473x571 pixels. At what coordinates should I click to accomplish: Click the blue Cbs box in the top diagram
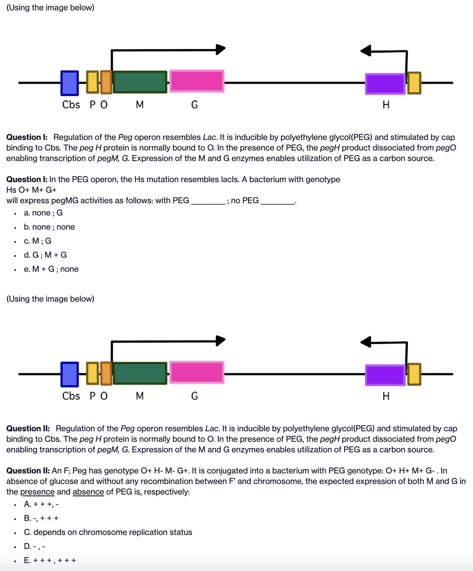click(x=70, y=83)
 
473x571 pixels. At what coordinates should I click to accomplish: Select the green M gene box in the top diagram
click(x=140, y=82)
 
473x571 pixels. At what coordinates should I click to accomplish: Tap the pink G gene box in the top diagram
click(x=197, y=81)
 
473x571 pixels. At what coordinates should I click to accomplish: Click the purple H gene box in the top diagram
click(x=385, y=84)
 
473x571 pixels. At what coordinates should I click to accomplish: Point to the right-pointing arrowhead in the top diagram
click(x=220, y=49)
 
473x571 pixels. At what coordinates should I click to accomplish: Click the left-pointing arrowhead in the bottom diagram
click(x=366, y=341)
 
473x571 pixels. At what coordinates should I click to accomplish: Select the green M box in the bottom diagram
click(x=140, y=373)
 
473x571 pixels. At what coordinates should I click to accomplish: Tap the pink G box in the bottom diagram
click(x=197, y=372)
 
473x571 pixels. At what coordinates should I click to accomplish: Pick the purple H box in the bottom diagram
click(x=385, y=375)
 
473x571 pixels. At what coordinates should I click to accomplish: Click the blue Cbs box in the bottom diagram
click(x=70, y=374)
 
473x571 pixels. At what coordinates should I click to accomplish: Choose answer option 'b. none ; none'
click(x=49, y=227)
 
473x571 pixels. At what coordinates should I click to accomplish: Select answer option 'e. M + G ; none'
click(x=51, y=269)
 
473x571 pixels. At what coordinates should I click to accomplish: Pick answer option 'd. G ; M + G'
click(x=45, y=255)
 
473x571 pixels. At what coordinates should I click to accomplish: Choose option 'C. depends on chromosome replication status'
click(x=108, y=532)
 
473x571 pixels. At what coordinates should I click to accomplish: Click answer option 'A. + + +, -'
click(x=41, y=504)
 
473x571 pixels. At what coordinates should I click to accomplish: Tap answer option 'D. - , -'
click(x=34, y=546)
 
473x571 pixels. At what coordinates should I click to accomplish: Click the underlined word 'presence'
click(x=37, y=492)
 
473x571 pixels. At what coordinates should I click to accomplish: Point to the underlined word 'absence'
click(x=88, y=492)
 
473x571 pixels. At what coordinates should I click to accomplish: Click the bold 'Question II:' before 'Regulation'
click(x=28, y=429)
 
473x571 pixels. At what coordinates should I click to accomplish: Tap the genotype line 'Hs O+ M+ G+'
click(x=32, y=190)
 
